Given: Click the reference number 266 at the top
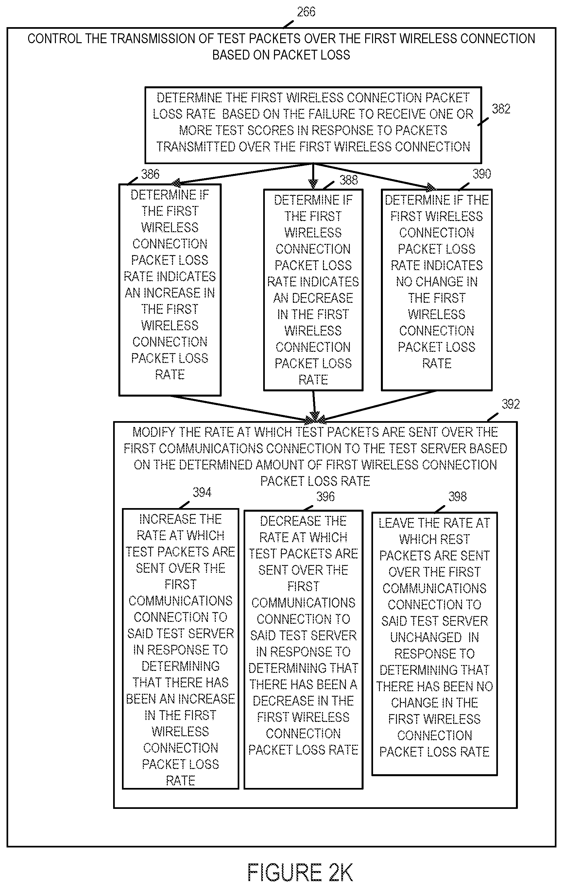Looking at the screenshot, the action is click(x=306, y=12).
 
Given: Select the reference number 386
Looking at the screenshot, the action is click(x=150, y=174).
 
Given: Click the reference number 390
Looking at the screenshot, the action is click(x=482, y=174).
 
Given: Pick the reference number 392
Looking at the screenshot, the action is click(x=510, y=404).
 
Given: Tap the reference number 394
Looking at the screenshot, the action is click(x=202, y=492).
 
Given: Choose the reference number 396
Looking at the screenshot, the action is click(x=325, y=497).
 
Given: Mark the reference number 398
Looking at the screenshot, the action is click(x=457, y=497).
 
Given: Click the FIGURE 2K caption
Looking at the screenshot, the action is click(x=300, y=873).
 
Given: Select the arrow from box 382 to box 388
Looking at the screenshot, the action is click(x=313, y=176).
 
